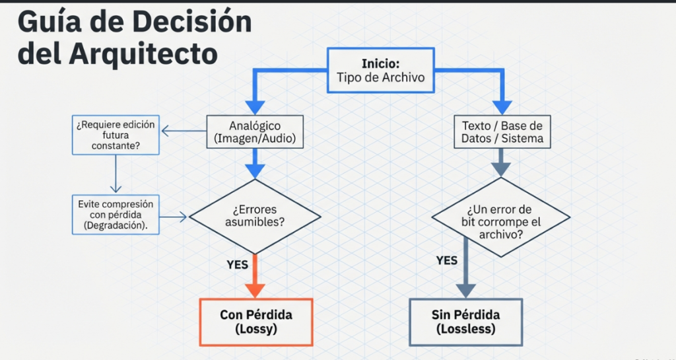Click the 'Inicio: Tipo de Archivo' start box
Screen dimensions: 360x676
(x=380, y=71)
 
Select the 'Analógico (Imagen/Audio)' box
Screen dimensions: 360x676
(x=255, y=131)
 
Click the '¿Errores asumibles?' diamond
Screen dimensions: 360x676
(x=255, y=216)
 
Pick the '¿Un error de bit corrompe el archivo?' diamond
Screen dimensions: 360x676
(x=500, y=216)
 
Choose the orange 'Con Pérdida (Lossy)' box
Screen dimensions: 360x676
(x=255, y=322)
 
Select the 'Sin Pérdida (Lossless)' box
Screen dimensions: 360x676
(x=465, y=322)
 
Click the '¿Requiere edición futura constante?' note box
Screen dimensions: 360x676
(x=116, y=135)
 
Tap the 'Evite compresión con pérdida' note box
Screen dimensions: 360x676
(x=116, y=214)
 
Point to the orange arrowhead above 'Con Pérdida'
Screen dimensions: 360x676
(x=255, y=290)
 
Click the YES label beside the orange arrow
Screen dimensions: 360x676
(x=237, y=264)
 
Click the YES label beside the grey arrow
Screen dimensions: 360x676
(x=446, y=260)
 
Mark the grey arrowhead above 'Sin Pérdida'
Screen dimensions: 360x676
(x=466, y=290)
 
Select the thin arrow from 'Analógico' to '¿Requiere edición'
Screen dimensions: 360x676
(x=184, y=131)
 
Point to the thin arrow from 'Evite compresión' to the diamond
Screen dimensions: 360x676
(x=174, y=216)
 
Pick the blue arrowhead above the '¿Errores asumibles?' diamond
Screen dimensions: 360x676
(x=255, y=170)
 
